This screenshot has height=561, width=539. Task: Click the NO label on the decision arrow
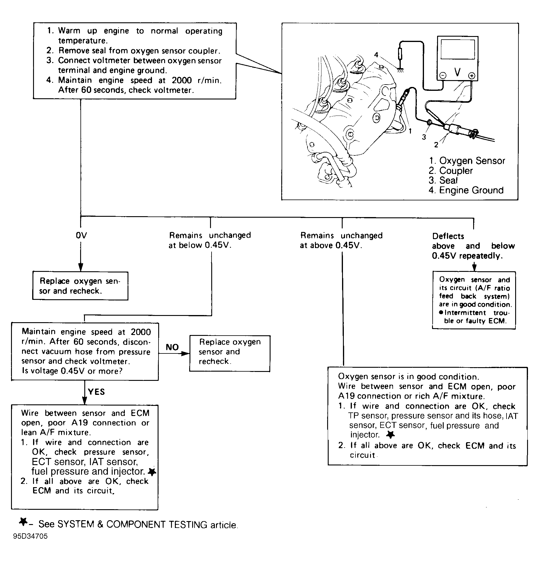[172, 347]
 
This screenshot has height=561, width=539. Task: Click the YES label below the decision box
[96, 392]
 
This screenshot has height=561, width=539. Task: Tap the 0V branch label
[81, 236]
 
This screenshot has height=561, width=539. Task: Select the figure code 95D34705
[30, 544]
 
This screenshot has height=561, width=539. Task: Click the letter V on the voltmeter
[457, 72]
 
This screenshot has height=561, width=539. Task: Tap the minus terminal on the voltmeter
[443, 76]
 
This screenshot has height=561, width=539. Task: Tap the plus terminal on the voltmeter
[471, 76]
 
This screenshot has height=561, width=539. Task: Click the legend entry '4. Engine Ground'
[466, 190]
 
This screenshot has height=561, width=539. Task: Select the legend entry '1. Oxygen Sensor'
[467, 161]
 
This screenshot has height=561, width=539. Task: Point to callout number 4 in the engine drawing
[376, 55]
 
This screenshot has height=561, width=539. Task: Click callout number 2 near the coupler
[436, 145]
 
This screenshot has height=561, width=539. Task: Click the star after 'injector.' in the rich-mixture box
[390, 435]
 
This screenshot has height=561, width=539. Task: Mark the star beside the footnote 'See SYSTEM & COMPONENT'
[23, 530]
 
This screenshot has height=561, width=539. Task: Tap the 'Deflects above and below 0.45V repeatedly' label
[473, 246]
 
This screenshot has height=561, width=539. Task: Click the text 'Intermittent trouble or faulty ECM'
[475, 317]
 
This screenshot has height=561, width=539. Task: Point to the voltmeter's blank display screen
[457, 49]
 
